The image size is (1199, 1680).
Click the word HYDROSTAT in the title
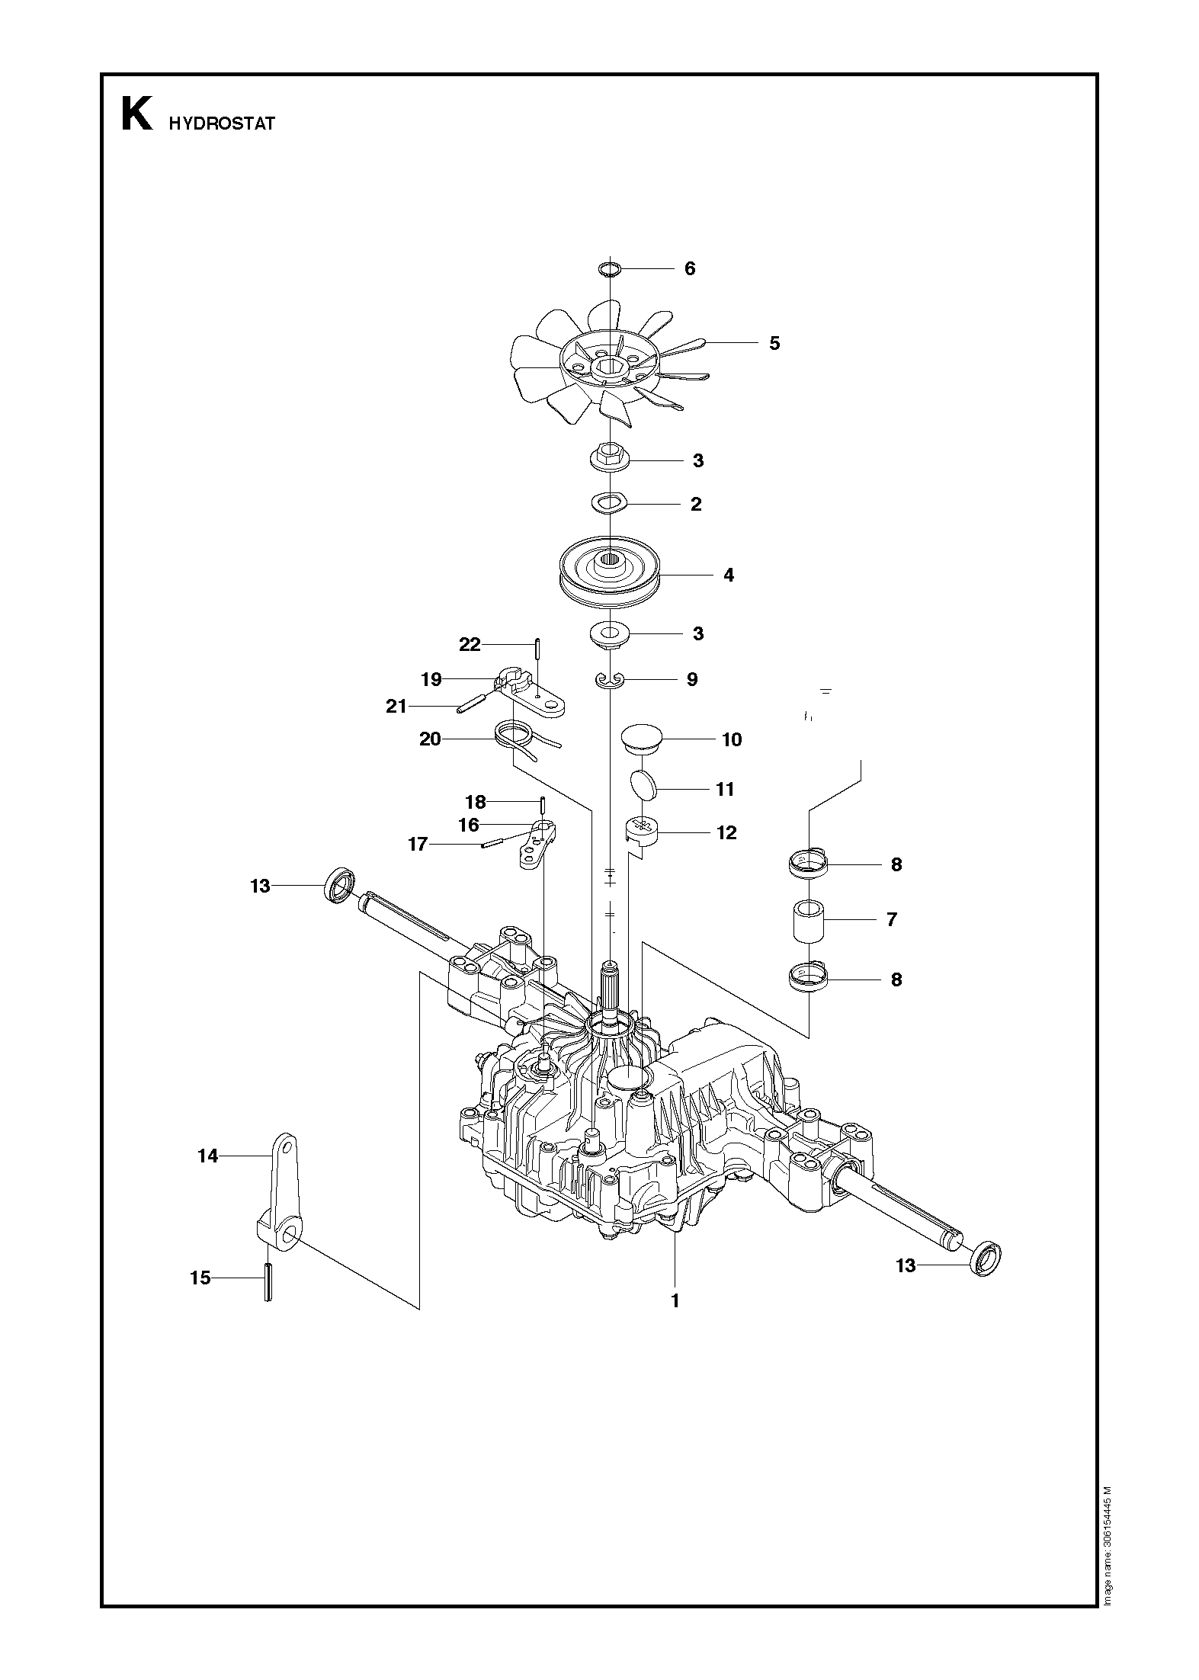click(x=222, y=124)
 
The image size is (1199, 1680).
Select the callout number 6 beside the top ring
click(x=690, y=268)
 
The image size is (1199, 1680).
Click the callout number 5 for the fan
click(x=774, y=343)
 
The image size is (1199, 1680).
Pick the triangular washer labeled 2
click(x=608, y=502)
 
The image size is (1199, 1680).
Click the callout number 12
click(x=727, y=832)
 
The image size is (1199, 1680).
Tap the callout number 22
click(x=470, y=645)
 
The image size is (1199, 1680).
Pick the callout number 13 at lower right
click(x=906, y=1265)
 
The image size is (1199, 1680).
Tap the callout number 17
click(x=418, y=845)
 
